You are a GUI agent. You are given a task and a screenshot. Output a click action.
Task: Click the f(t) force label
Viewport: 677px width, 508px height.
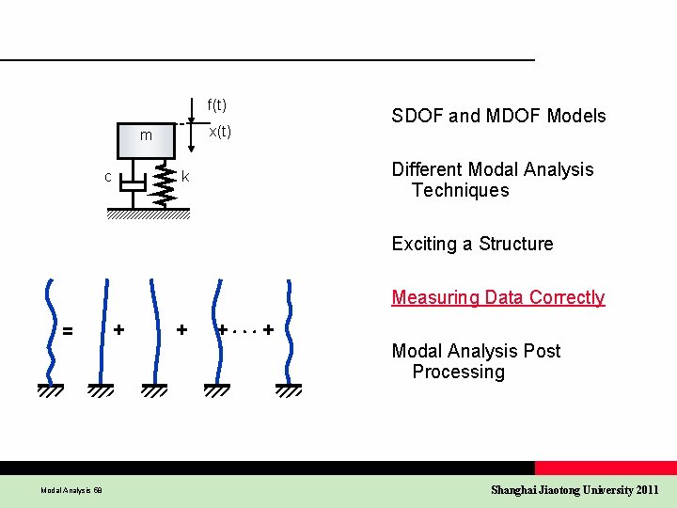216,104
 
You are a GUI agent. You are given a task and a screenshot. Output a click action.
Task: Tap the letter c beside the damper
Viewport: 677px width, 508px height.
108,177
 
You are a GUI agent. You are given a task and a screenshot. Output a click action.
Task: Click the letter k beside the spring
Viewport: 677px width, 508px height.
185,177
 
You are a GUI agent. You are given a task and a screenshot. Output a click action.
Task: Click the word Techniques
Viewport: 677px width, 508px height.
460,191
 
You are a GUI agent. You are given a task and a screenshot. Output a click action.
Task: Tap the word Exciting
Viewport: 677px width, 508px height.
423,245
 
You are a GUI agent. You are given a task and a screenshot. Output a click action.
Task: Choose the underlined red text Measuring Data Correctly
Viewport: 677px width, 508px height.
497,298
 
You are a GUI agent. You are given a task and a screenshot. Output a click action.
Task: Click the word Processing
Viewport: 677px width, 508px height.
458,373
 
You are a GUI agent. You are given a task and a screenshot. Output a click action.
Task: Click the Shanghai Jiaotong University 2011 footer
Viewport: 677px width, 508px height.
575,490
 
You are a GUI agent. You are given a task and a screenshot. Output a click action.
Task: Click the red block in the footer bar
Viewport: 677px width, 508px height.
605,468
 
